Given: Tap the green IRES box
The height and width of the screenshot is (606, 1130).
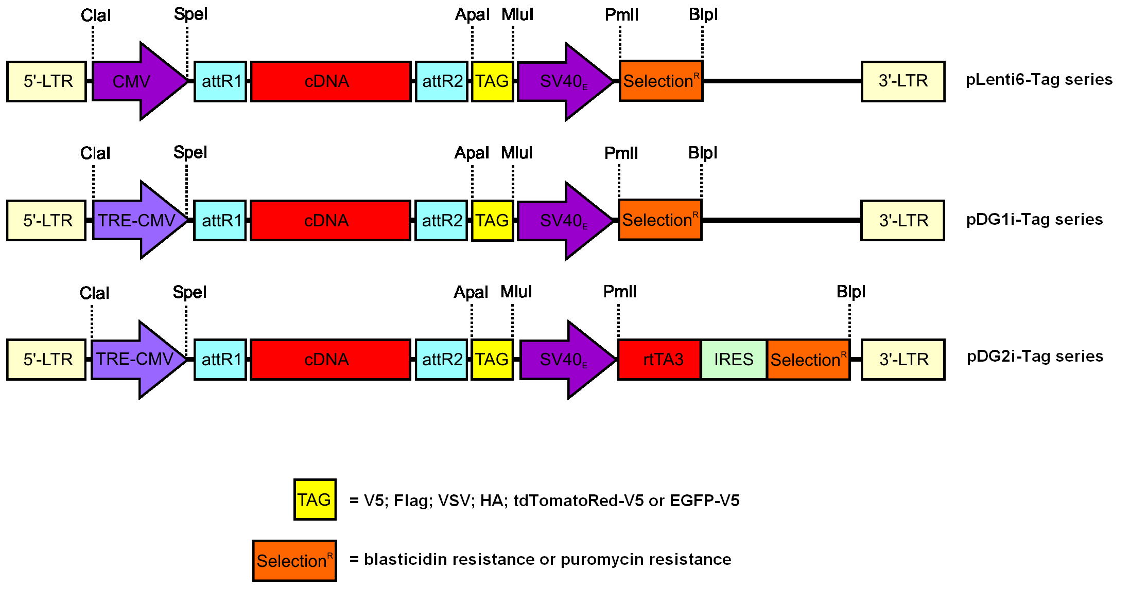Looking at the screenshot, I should point(734,360).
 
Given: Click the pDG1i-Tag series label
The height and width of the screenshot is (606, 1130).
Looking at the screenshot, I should point(1034,220).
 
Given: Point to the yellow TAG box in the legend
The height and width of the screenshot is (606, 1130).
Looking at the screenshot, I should point(315,500).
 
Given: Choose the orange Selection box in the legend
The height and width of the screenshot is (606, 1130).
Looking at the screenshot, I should point(294,561).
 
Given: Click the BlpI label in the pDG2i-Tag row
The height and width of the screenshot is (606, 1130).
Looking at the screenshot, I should point(850,292).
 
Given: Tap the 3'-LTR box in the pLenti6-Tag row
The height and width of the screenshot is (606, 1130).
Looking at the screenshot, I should point(903,81).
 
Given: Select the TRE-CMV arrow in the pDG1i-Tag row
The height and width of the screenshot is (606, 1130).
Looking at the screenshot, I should point(136,220).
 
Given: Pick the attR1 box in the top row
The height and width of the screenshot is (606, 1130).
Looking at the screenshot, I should point(220,81).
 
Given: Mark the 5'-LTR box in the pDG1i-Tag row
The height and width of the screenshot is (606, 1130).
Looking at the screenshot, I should point(46,220).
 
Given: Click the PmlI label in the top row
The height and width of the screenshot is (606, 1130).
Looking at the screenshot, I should point(621,15).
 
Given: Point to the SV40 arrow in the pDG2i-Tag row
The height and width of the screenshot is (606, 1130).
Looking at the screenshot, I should point(564,360).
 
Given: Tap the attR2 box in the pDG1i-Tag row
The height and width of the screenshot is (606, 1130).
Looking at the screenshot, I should point(441,220).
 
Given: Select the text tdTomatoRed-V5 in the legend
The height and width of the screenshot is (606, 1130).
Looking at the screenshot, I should point(578,501).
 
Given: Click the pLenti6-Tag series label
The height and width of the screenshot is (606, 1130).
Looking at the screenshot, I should point(1039,80).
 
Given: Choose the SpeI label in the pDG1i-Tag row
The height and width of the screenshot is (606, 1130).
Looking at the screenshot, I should point(190,152).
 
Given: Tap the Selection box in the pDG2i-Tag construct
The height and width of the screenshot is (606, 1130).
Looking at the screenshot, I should point(808,360).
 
